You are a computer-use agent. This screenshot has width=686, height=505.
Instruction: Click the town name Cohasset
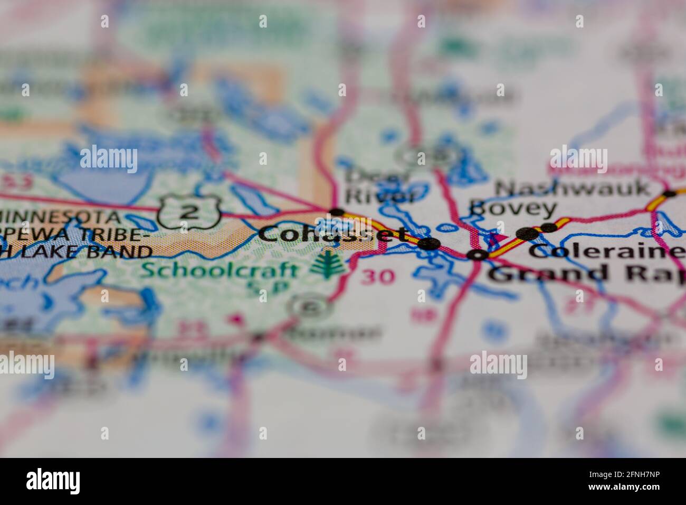click(x=332, y=233)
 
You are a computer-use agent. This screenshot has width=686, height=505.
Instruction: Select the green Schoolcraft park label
click(x=221, y=270)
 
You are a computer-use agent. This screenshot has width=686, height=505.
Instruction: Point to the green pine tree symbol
click(x=328, y=264)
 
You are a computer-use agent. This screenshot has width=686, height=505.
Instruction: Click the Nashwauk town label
click(x=573, y=188)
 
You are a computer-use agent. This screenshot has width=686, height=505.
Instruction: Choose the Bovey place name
click(x=512, y=209)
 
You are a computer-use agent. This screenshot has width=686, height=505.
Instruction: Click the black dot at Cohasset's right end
click(x=432, y=244)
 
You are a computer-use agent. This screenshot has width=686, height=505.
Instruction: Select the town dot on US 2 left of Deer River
click(x=336, y=213)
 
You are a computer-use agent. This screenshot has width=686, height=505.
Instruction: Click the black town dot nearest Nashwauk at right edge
click(x=669, y=194)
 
